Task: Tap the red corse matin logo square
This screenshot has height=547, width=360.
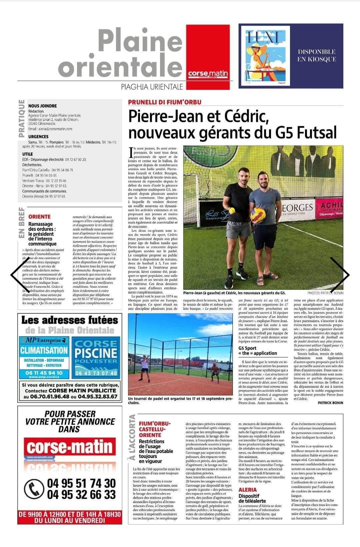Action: tap(208, 57)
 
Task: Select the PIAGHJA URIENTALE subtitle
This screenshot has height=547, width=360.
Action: tap(152, 87)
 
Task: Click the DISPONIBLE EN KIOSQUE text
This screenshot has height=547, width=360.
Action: tap(316, 56)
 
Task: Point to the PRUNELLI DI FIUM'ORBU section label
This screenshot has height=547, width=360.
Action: tap(165, 102)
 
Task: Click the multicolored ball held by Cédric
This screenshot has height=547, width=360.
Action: tap(258, 215)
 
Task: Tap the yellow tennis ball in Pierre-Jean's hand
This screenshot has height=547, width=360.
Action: tap(231, 211)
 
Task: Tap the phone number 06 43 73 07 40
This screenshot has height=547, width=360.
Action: tap(96, 373)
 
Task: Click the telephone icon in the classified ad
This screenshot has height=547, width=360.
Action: tap(34, 489)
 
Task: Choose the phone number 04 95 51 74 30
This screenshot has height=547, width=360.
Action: tap(81, 483)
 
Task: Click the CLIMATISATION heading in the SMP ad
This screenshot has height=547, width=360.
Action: tap(44, 350)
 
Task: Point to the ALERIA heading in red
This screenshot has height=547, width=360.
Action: tap(248, 490)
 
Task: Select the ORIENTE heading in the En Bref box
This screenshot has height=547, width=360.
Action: tap(40, 217)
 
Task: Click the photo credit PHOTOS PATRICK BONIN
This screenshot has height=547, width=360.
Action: tap(325, 293)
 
